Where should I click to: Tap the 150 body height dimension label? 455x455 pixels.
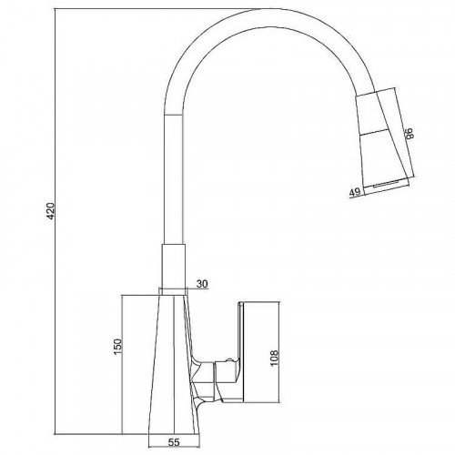[x=117, y=347]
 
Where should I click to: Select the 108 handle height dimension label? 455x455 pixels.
[x=274, y=359]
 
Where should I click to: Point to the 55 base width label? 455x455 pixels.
[x=174, y=441]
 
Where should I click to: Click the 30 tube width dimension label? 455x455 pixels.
[x=202, y=284]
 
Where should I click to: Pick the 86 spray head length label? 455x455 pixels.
[x=409, y=133]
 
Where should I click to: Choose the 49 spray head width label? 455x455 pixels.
[x=355, y=192]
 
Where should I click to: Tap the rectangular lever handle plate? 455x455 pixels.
[x=258, y=338]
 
